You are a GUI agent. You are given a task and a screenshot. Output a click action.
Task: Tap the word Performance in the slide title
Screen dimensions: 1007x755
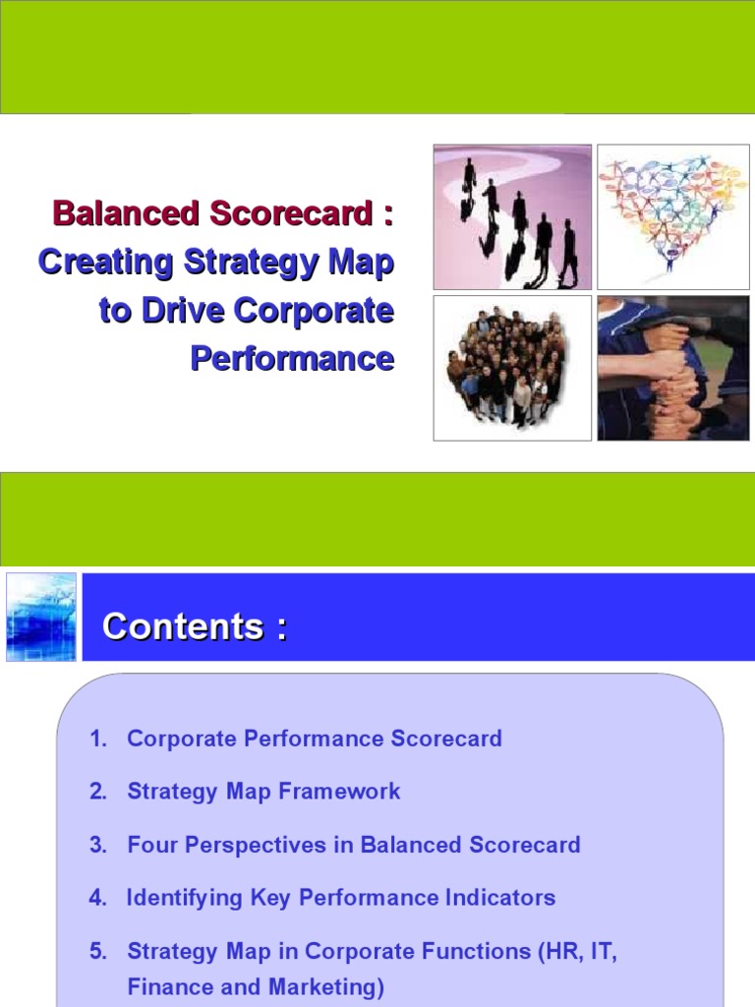pos(292,358)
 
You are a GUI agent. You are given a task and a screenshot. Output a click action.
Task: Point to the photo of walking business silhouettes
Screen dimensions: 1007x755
pos(512,216)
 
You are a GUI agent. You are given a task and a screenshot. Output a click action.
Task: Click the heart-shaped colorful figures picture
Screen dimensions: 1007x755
pos(673,216)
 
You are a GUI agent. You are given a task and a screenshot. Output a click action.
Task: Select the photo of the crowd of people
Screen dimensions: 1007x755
pos(512,367)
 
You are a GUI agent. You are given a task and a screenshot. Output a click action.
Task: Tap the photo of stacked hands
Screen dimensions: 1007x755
pos(673,367)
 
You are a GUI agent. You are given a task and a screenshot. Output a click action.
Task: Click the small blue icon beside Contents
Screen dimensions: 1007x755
pos(40,617)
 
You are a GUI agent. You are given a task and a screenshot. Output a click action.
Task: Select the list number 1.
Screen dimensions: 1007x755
pos(96,739)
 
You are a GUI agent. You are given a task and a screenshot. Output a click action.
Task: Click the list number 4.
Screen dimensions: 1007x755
pos(96,898)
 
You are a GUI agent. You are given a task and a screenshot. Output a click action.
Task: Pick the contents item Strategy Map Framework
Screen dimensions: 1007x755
pos(263,792)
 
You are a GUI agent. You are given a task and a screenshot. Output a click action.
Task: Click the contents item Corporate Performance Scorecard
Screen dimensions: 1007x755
pos(315,739)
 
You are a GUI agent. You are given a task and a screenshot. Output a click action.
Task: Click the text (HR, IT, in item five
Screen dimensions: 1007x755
pos(576,951)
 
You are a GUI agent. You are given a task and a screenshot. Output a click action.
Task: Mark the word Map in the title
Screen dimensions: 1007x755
pos(366,262)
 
